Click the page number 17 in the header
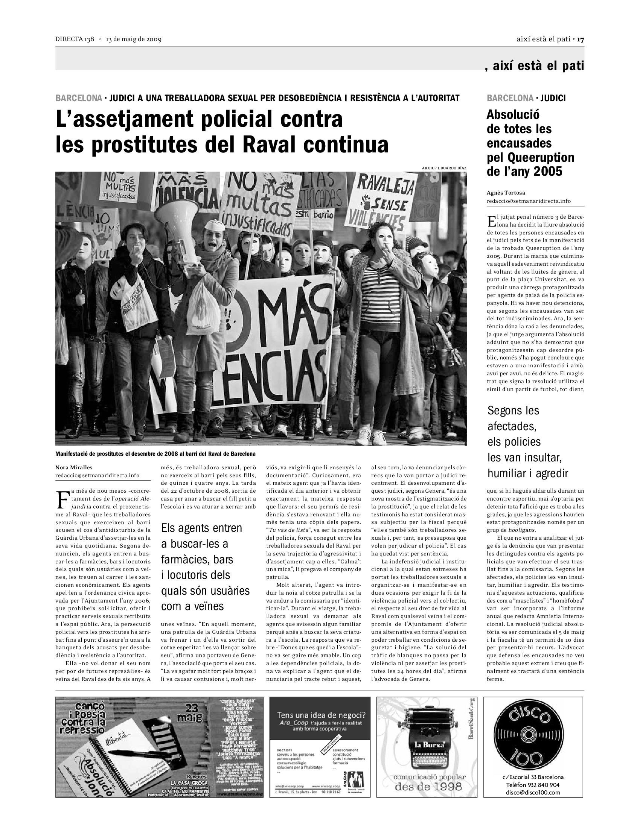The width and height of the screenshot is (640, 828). (581, 40)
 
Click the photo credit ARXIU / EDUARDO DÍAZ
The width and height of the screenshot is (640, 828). (444, 167)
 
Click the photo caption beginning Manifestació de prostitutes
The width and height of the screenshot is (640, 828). (155, 454)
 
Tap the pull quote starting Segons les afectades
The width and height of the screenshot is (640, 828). (528, 442)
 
